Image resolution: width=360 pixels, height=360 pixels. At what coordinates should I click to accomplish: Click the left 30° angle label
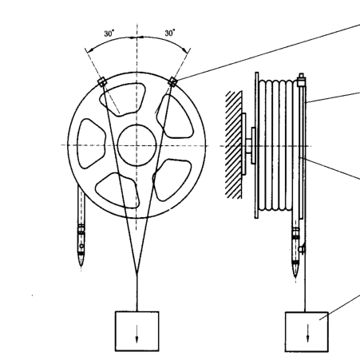[109, 34]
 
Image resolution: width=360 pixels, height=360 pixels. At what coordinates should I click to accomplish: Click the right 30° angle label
[170, 33]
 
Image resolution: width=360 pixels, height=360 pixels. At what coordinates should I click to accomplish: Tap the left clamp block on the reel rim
[102, 82]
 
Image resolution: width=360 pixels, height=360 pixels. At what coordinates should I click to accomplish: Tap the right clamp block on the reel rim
[172, 81]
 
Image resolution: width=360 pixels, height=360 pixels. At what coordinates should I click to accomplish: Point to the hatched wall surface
[234, 144]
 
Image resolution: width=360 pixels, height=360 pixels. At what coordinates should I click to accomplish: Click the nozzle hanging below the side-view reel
[295, 252]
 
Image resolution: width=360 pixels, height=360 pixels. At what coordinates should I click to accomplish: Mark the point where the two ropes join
[136, 273]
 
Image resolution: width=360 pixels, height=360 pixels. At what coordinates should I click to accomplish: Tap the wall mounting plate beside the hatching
[244, 144]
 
